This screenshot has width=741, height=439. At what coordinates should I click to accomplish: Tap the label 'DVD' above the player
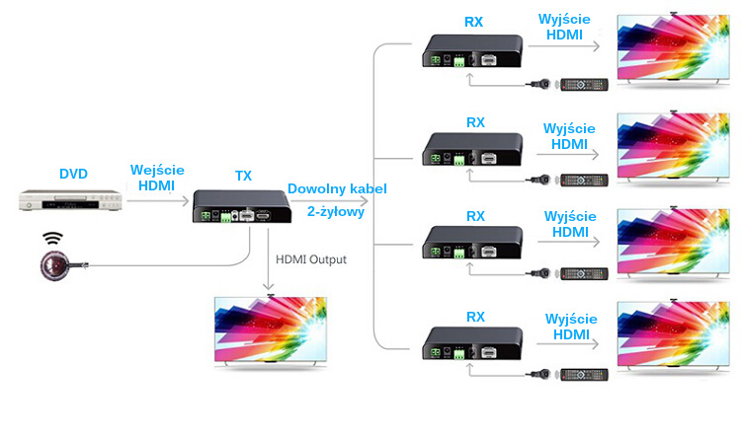pyautogui.click(x=73, y=175)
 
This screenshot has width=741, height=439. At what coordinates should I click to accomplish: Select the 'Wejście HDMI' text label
pyautogui.click(x=157, y=178)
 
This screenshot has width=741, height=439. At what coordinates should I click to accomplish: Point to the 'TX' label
pyautogui.click(x=243, y=176)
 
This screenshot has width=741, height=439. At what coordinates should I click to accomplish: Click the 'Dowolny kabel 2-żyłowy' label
pyautogui.click(x=337, y=199)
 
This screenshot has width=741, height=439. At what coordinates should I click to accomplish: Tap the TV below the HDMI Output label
pyautogui.click(x=270, y=331)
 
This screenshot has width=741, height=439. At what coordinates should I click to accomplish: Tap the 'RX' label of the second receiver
pyautogui.click(x=475, y=123)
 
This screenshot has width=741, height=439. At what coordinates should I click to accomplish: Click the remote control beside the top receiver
pyautogui.click(x=582, y=86)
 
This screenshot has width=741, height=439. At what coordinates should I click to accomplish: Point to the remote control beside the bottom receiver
pyautogui.click(x=582, y=375)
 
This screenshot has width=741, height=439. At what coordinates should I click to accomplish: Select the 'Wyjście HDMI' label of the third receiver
pyautogui.click(x=569, y=224)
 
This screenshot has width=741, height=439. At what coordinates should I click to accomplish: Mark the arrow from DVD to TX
pyautogui.click(x=158, y=201)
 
